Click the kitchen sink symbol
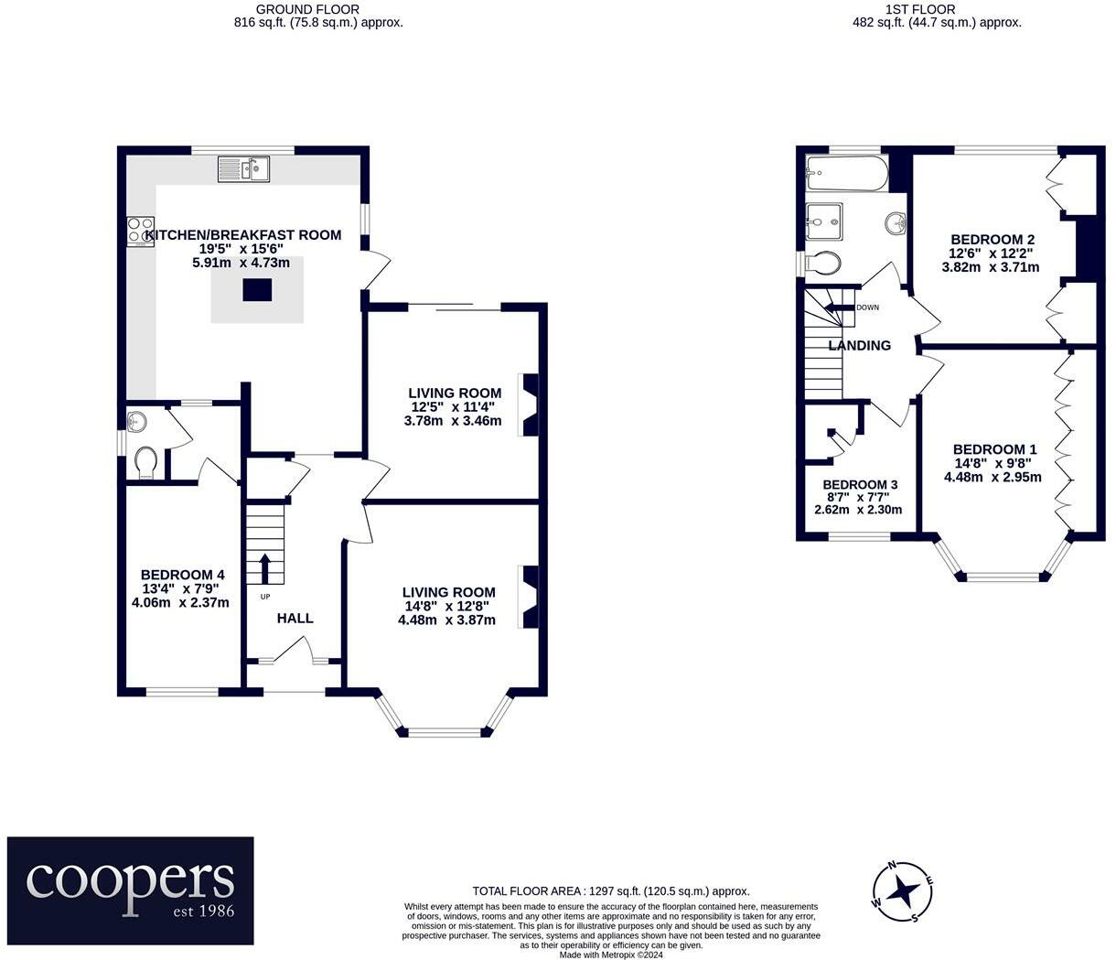pos(243,169)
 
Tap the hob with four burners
pos(141,232)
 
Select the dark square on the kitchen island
pos(257,289)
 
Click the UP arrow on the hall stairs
pos(265,568)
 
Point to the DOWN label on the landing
pos(867,307)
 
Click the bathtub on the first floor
pos(846,173)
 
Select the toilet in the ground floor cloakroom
pos(145,463)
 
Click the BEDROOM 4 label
pos(182,575)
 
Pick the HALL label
pos(295,618)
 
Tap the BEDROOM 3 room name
pos(860,485)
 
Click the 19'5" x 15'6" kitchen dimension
pos(241,249)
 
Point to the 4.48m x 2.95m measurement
pos(993,477)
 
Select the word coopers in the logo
pos(130,880)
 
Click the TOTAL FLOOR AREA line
pos(611,891)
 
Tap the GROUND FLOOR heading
pos(307,9)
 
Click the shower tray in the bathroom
pos(823,221)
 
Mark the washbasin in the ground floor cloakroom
pos(136,421)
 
